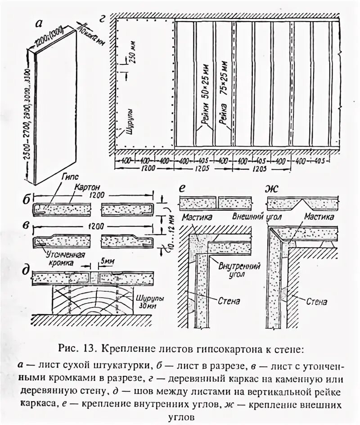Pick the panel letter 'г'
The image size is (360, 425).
[103, 18]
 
